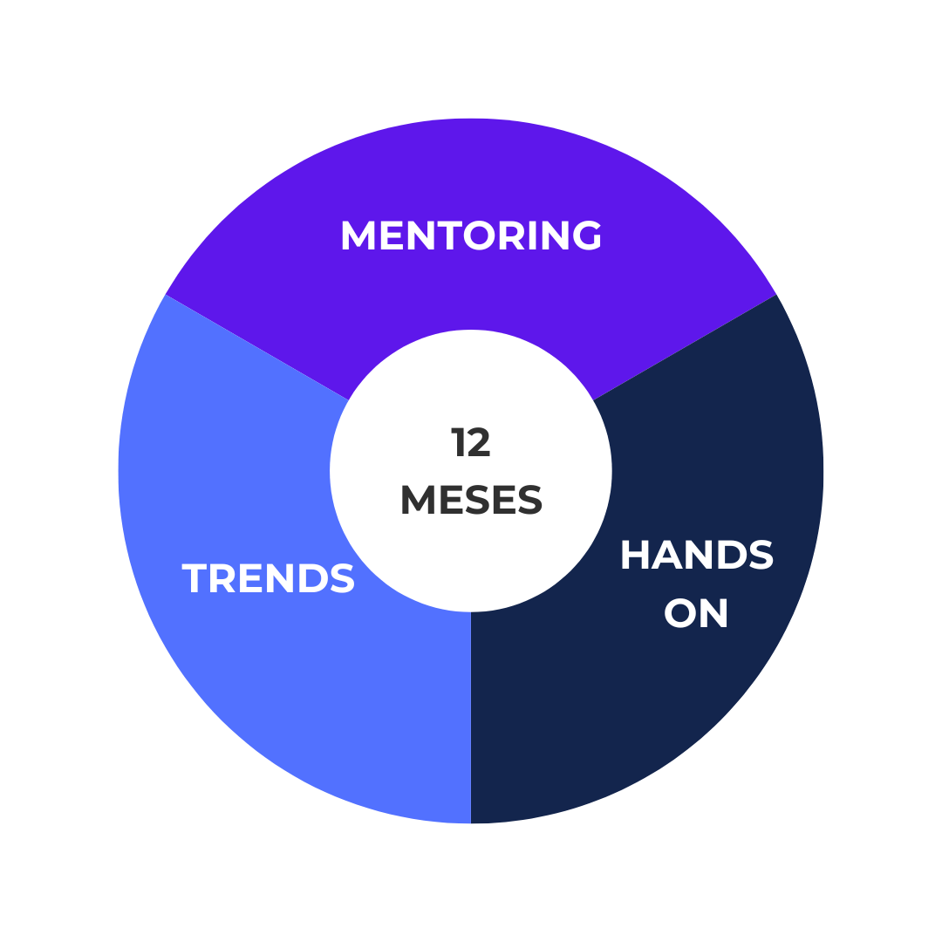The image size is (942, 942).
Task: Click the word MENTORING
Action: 471,236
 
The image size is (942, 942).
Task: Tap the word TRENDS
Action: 269,579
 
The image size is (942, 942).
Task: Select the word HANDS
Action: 696,556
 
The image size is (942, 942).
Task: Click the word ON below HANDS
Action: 696,613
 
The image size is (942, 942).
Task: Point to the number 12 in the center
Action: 471,443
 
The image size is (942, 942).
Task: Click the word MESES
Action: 471,501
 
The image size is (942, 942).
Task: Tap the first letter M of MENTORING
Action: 358,236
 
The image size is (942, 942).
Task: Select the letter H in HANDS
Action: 636,556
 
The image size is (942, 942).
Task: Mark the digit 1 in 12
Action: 458,443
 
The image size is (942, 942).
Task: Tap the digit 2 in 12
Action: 479,443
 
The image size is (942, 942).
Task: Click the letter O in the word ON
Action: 680,613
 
